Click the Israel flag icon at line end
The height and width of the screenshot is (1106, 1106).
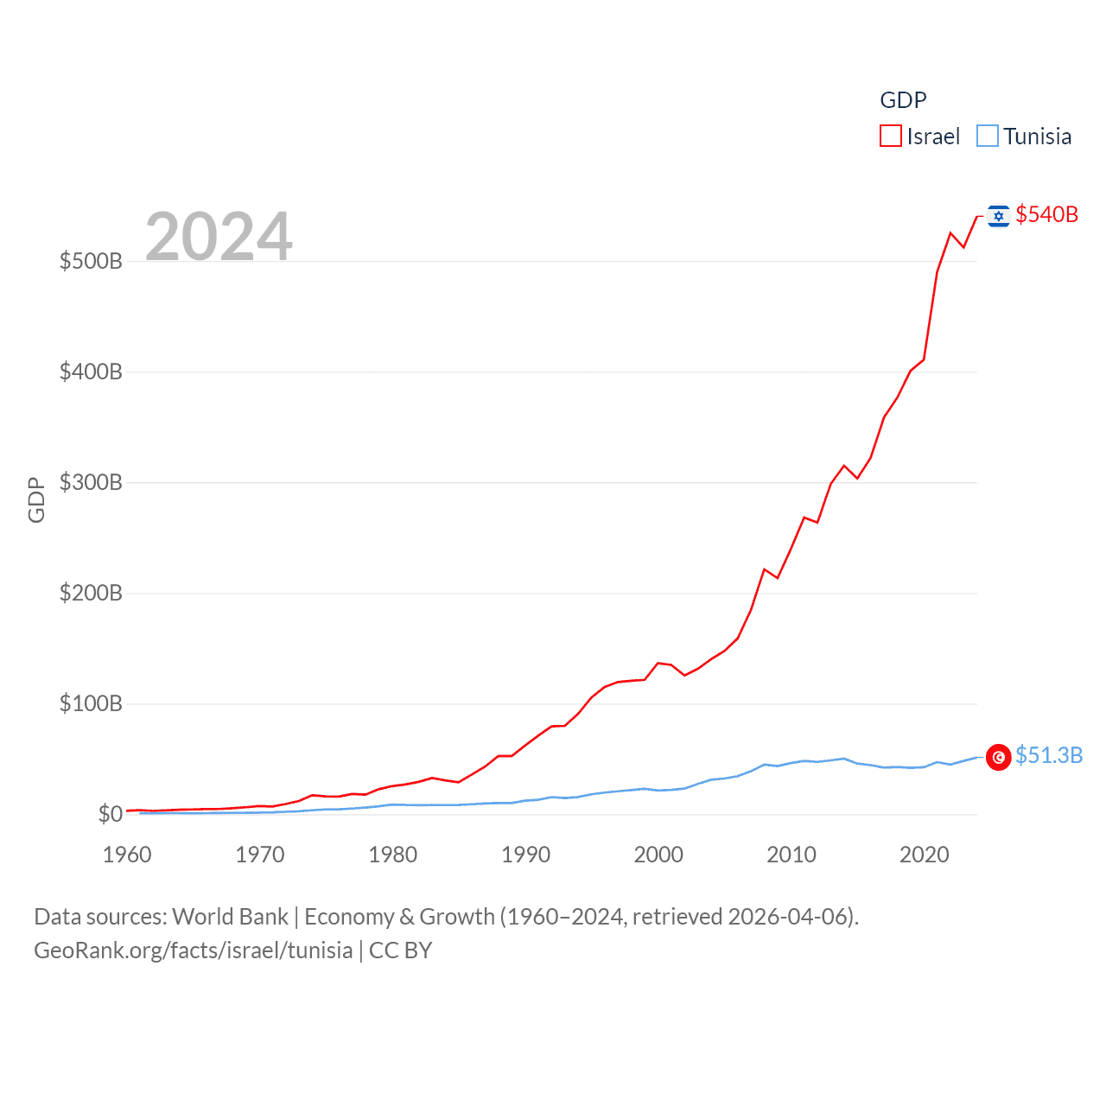click(999, 216)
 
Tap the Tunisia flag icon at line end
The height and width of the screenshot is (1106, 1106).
click(999, 757)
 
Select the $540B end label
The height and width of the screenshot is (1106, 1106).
click(1046, 214)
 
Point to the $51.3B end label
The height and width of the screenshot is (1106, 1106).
click(1048, 755)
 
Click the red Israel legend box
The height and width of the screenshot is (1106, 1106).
click(890, 137)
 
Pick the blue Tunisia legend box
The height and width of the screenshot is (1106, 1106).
click(987, 137)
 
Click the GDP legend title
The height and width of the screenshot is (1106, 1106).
click(903, 100)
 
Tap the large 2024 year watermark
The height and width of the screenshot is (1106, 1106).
click(219, 236)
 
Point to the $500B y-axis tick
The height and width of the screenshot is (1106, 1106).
click(91, 261)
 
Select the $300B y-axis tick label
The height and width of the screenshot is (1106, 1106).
click(91, 482)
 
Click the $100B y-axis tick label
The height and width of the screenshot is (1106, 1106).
click(91, 703)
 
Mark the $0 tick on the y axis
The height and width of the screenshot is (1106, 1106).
click(110, 814)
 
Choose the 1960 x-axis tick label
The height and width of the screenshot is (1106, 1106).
click(127, 855)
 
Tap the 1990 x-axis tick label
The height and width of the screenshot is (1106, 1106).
click(525, 855)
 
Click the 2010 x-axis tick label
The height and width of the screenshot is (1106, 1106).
click(791, 855)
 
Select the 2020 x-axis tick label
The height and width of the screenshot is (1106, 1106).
click(925, 855)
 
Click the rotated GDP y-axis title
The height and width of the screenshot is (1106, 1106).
click(36, 499)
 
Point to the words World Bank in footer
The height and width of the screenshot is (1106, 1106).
click(230, 917)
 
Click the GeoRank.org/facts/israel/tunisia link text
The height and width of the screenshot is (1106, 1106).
click(193, 950)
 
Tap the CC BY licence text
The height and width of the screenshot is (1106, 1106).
click(400, 950)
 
